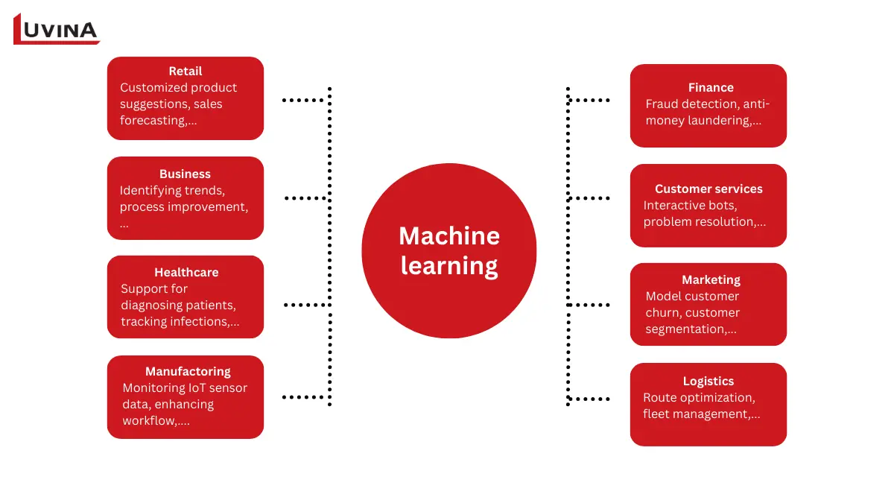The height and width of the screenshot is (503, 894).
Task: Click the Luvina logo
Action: pos(57,29)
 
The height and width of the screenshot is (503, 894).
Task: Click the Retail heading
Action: pos(186,71)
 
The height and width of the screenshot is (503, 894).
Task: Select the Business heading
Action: pos(185,174)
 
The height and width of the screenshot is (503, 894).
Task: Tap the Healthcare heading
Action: pos(186,272)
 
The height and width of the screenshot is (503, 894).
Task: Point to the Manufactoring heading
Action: pos(188,371)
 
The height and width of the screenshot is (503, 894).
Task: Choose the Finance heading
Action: pos(711,87)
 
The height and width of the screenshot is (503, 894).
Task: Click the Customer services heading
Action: pos(708,189)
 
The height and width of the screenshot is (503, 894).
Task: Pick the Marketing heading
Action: pos(711,279)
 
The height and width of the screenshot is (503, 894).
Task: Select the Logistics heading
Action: pos(708,381)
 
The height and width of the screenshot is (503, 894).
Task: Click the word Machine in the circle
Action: pos(448,235)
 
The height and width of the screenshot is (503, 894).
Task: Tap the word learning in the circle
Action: pos(448,265)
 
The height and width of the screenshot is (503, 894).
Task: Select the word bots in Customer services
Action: pos(722,205)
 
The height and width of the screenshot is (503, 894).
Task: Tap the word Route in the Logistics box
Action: pos(660,397)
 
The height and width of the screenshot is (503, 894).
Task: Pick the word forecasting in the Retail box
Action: pos(153,121)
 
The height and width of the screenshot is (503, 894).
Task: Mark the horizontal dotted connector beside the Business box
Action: pos(306,198)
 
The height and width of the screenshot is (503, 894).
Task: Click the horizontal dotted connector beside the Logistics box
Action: pos(589,399)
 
